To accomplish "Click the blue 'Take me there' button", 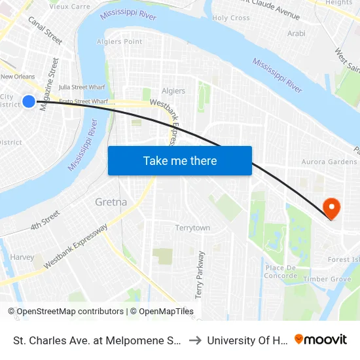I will [x=180, y=160].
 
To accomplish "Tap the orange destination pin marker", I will [x=332, y=209].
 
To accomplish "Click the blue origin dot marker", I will [x=29, y=101].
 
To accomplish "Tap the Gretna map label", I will [x=111, y=202].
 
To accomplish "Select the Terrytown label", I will [x=192, y=228].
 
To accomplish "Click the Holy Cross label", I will [x=230, y=18].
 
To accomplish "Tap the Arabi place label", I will [x=297, y=33].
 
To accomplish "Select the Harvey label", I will [x=22, y=257].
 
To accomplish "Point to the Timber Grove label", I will [x=332, y=279].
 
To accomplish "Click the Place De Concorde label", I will [x=281, y=272].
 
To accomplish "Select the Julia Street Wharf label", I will [x=82, y=86].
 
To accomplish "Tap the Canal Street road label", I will [x=45, y=31].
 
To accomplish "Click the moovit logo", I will [x=321, y=339].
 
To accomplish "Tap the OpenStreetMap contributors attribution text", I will [x=66, y=312].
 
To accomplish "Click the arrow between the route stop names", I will [x=195, y=340].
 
